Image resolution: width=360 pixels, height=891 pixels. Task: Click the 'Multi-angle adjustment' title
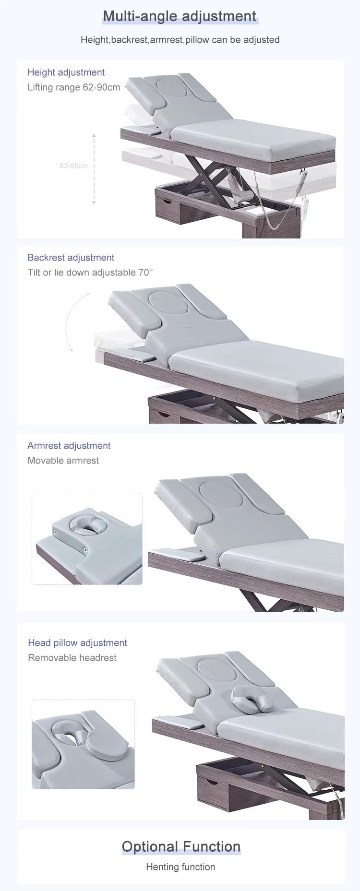tap(180, 16)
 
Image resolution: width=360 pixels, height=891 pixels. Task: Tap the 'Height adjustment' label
tap(66, 72)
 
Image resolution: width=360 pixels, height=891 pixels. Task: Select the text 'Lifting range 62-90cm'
tap(74, 87)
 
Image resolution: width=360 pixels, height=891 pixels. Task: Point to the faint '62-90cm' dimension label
tap(74, 166)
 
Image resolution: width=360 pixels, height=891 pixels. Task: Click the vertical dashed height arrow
tap(94, 169)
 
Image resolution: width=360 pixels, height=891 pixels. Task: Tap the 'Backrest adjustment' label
tap(71, 258)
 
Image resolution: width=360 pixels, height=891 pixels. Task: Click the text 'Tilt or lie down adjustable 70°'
tap(90, 273)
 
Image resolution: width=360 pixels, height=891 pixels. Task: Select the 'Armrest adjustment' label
tap(69, 446)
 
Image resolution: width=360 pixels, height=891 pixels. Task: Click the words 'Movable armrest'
tap(63, 461)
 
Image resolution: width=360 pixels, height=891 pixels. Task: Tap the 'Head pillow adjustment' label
tap(77, 643)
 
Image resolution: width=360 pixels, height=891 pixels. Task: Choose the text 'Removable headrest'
tap(72, 658)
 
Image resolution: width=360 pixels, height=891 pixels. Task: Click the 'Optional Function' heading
tap(181, 846)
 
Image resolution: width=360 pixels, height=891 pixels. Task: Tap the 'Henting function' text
tap(180, 867)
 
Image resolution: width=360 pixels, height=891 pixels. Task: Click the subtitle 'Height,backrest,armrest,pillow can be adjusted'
tap(180, 40)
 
